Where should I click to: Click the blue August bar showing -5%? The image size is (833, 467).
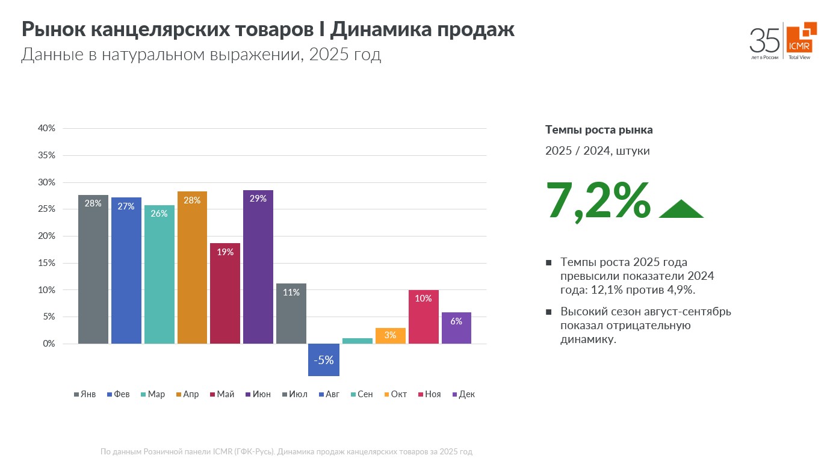[x=324, y=360]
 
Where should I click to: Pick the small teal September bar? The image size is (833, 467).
[x=358, y=341]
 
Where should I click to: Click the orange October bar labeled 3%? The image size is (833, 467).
[x=390, y=336]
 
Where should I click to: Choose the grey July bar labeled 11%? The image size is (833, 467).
[x=291, y=314]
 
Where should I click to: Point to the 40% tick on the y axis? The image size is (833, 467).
[x=46, y=128]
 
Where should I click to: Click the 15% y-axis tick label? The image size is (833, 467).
[x=46, y=263]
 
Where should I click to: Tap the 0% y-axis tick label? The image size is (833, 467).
[x=49, y=344]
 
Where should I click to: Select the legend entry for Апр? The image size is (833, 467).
[x=187, y=394]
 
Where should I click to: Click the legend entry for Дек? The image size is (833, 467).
[x=462, y=394]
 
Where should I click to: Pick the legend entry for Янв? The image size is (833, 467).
[x=84, y=394]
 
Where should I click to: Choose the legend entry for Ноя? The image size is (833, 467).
[x=429, y=394]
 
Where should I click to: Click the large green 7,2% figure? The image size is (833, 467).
[x=598, y=200]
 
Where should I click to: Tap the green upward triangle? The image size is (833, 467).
[x=681, y=209]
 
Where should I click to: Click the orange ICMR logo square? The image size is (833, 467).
[x=800, y=39]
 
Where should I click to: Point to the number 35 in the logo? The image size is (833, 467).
[x=764, y=40]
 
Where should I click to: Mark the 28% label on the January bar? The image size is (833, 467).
[x=93, y=203]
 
